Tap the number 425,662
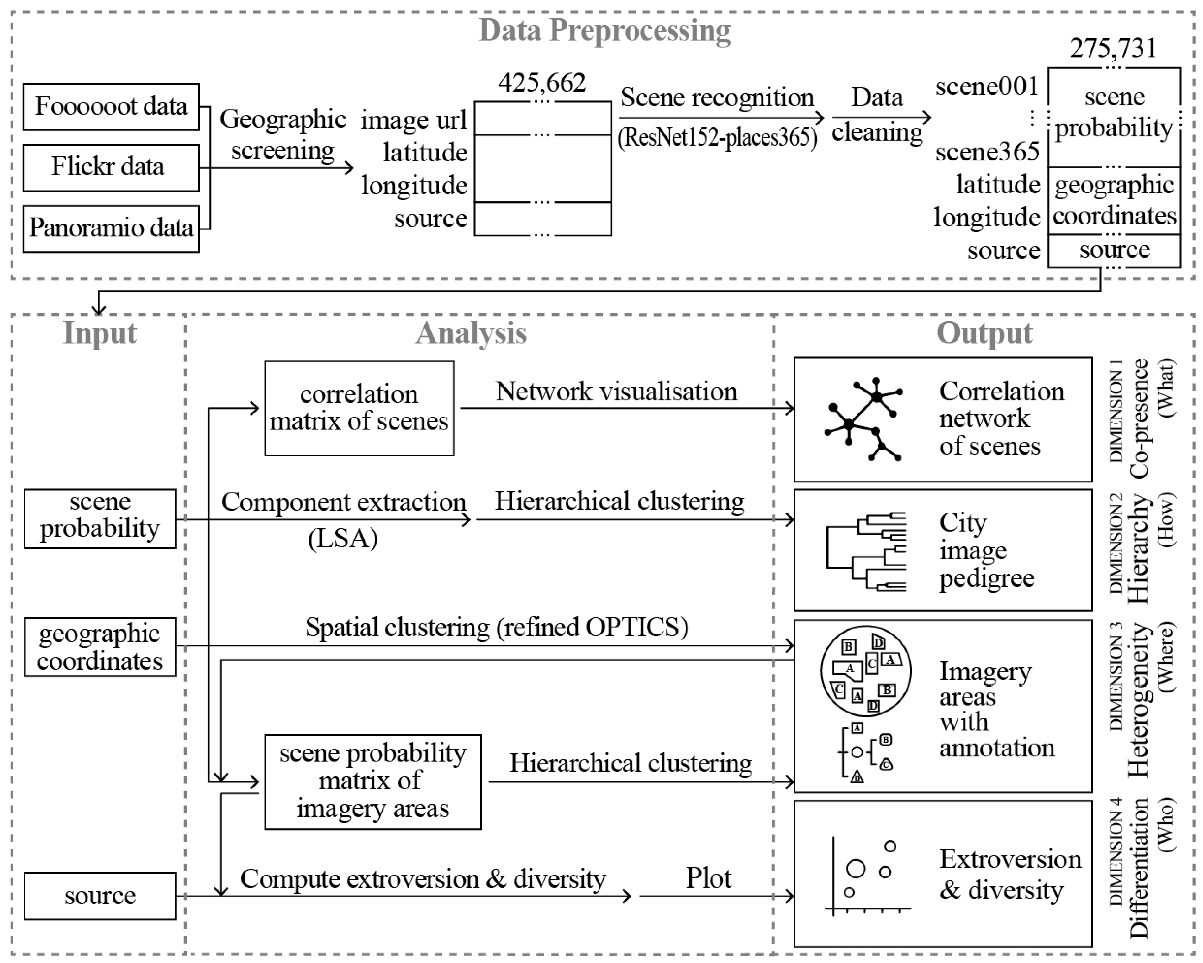click(542, 82)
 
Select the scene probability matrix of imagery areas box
click(373, 782)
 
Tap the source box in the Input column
click(100, 896)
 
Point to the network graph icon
click(863, 419)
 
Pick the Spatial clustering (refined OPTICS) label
click(497, 627)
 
